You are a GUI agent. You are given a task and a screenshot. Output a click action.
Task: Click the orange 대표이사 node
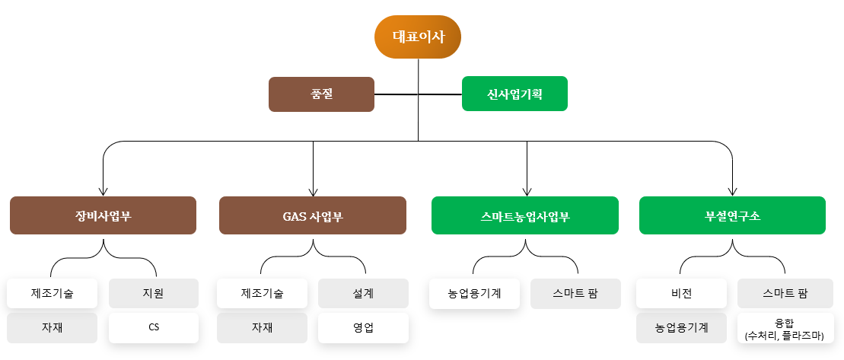pos(418,37)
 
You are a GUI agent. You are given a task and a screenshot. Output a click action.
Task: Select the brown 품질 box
pos(321,94)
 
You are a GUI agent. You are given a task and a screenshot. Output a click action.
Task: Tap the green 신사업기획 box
pos(514,94)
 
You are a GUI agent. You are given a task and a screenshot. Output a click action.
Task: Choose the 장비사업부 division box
pos(103,215)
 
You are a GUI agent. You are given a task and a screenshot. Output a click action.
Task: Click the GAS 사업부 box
pos(313,215)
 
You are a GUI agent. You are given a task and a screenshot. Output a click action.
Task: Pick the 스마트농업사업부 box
pos(525,215)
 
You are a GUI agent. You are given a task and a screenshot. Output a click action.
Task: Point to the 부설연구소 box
pos(733,215)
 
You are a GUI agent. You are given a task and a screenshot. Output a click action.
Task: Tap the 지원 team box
pos(154,293)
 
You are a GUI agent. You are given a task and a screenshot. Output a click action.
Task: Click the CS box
pos(154,328)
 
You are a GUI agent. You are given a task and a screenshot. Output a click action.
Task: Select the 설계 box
pos(363,293)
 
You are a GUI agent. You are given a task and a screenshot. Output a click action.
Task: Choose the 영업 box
pos(363,328)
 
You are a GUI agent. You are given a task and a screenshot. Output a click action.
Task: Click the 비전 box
pos(681,293)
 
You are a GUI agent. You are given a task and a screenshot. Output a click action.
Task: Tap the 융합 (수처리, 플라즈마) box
pos(785,328)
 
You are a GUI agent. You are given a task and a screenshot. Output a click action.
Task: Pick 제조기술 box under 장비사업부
pos(53,293)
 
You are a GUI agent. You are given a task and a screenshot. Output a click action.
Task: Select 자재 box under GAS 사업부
pos(262,328)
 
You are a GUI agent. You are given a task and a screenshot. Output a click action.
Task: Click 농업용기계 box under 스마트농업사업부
pos(474,293)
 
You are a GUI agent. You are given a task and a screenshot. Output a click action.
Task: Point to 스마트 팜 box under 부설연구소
pos(785,293)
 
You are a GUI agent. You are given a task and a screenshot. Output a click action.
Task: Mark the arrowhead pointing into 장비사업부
pos(104,192)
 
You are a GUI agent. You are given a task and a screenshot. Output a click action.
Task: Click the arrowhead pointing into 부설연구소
pos(733,192)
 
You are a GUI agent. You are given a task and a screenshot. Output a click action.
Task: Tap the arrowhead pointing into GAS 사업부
pos(313,192)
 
